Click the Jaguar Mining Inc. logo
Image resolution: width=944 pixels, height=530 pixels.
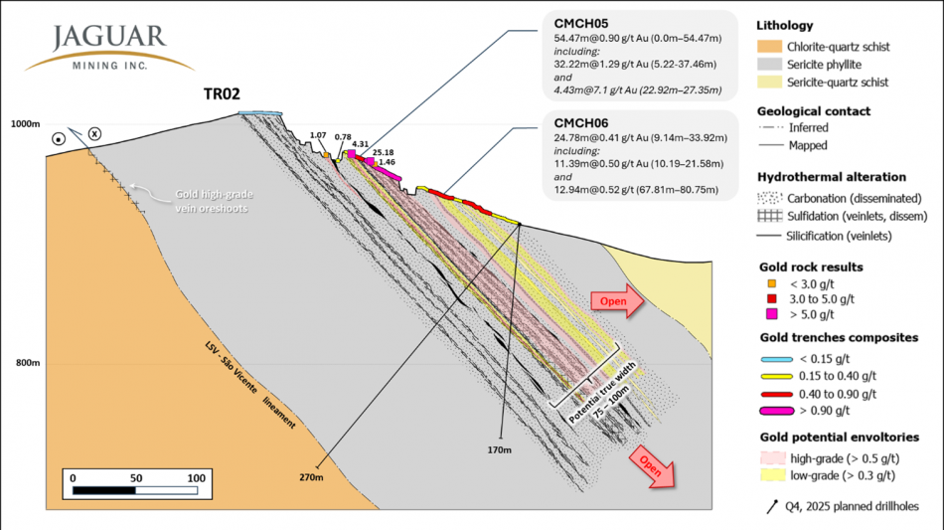click(109, 48)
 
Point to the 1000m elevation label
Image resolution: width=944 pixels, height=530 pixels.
click(23, 124)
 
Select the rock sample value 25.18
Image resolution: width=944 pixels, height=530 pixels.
click(383, 152)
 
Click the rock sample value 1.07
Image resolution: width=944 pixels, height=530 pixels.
click(318, 135)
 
